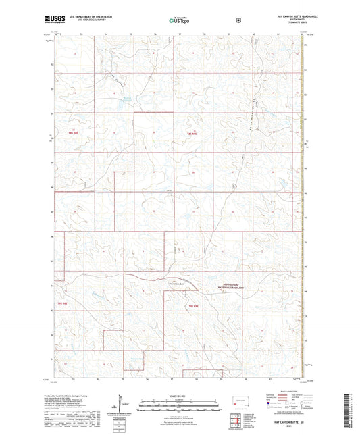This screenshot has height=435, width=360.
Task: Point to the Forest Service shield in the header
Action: click(x=238, y=20)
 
